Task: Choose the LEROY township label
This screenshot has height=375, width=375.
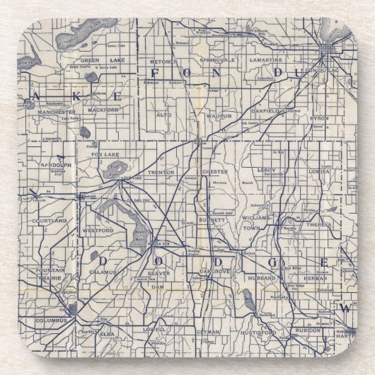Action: [266, 170]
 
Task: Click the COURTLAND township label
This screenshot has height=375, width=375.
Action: [50, 221]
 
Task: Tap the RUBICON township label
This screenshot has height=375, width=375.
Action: [309, 330]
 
